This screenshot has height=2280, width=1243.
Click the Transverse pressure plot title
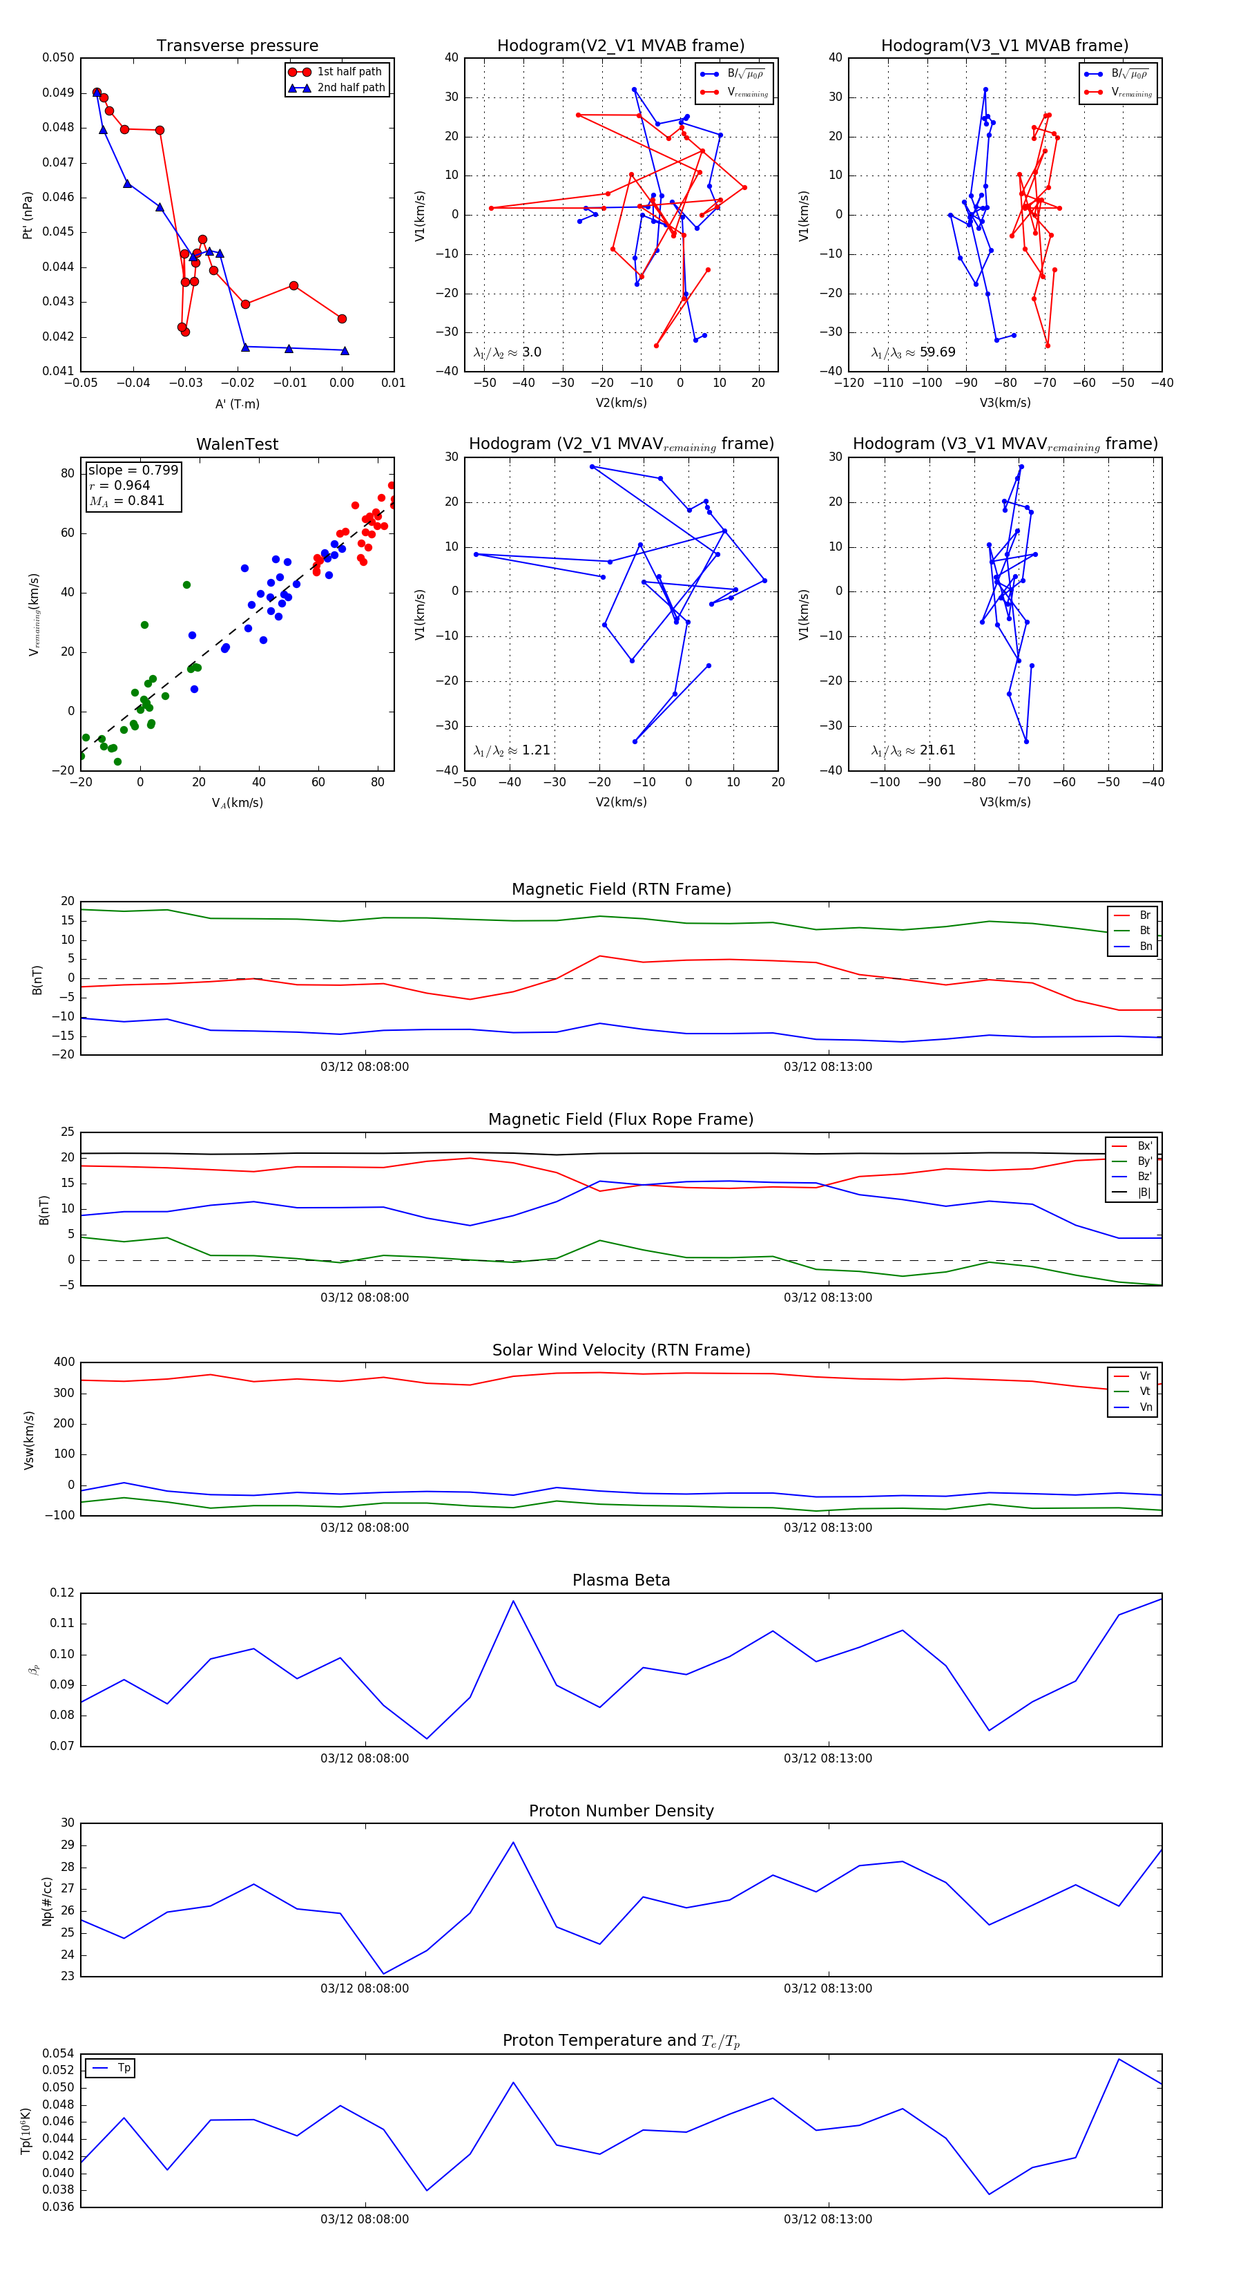pos(237,46)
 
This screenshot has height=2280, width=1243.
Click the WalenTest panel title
pos(237,444)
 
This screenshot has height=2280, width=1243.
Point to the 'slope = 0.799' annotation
pos(133,470)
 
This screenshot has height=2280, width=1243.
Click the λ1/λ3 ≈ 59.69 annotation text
pos(913,352)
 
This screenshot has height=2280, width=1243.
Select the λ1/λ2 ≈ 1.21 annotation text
pos(511,750)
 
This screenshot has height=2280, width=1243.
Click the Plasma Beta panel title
pos(621,1580)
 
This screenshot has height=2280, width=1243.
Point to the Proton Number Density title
pos(621,1811)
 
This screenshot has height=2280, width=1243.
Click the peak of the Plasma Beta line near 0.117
pos(513,1600)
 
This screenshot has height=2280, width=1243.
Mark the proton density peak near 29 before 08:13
pos(513,1843)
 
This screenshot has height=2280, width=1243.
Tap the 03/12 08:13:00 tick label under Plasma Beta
pos(827,1758)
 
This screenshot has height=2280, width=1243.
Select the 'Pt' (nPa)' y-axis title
pos(28,215)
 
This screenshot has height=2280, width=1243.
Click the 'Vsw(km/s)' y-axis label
pos(29,1440)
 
